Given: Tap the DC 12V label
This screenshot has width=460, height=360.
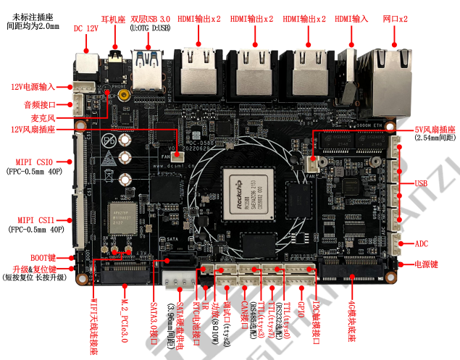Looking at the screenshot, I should pos(85,28).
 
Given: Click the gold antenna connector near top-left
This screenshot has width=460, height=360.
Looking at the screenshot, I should pos(125,94).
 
